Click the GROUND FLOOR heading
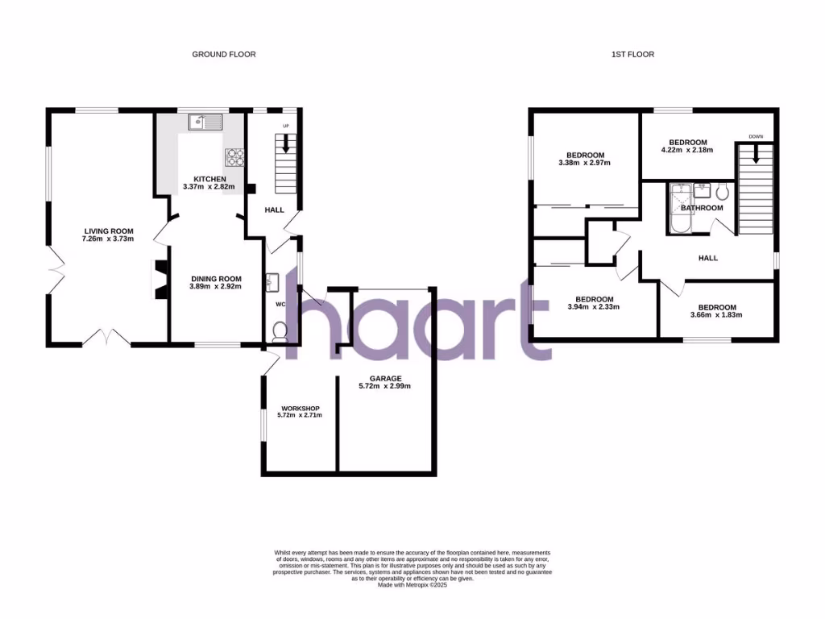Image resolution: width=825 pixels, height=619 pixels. click(223, 54)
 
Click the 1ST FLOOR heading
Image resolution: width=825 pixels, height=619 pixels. click(632, 54)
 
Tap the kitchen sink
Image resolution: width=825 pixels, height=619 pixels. click(205, 123)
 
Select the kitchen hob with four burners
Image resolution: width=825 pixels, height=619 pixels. click(234, 156)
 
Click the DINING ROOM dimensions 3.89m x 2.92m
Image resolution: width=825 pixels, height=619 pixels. click(215, 286)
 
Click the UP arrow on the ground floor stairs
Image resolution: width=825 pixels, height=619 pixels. click(284, 144)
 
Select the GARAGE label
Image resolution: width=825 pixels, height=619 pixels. click(385, 378)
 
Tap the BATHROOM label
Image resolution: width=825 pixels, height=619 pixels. click(702, 208)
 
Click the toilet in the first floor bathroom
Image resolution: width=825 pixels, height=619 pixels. click(721, 191)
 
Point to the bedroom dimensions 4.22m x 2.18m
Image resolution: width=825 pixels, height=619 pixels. click(686, 150)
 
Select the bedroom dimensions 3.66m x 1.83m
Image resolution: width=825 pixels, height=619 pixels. click(716, 314)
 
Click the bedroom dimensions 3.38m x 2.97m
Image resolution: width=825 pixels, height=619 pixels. click(584, 163)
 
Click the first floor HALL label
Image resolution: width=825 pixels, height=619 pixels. click(707, 258)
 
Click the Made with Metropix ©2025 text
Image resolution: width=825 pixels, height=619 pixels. click(412, 585)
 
